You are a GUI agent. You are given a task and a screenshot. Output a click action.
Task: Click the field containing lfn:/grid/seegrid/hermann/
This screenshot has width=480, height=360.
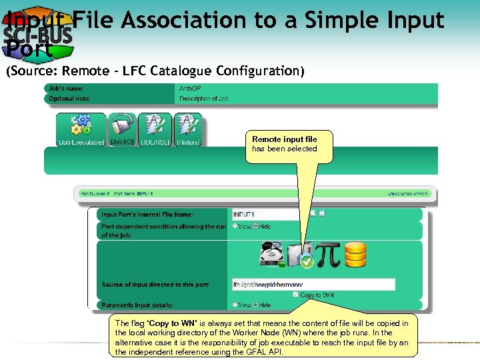313,285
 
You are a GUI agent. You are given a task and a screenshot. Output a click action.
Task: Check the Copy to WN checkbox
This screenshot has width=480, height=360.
295,295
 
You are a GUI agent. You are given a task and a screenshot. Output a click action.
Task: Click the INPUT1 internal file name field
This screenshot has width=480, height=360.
270,215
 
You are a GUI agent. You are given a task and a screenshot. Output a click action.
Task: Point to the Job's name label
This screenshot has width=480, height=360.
66,88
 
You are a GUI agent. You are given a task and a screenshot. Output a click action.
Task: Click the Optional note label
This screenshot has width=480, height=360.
69,99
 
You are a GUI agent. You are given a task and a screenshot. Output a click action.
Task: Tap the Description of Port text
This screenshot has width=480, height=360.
408,194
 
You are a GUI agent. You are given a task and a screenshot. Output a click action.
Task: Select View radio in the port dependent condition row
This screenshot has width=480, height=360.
235,227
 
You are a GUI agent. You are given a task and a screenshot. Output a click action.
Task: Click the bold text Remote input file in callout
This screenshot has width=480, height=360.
284,139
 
